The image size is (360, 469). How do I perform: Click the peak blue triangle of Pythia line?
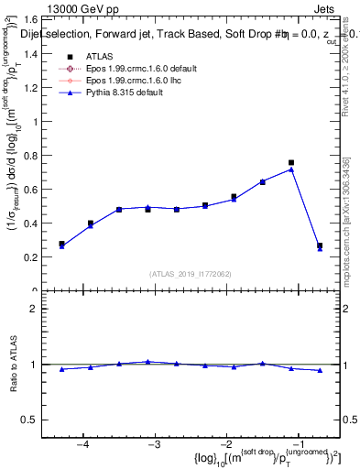(x=291, y=169)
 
